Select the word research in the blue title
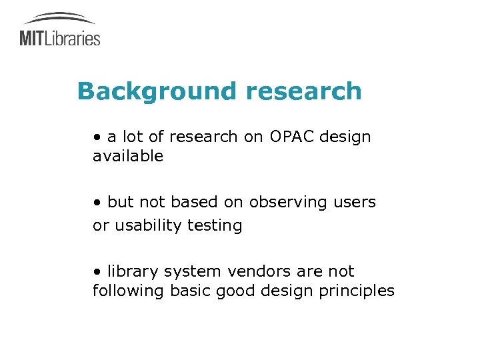tap(303, 91)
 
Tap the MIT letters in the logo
tap(31, 37)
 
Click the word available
tap(128, 156)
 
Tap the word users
tap(352, 201)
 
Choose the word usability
tap(146, 225)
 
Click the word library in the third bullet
tap(129, 271)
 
